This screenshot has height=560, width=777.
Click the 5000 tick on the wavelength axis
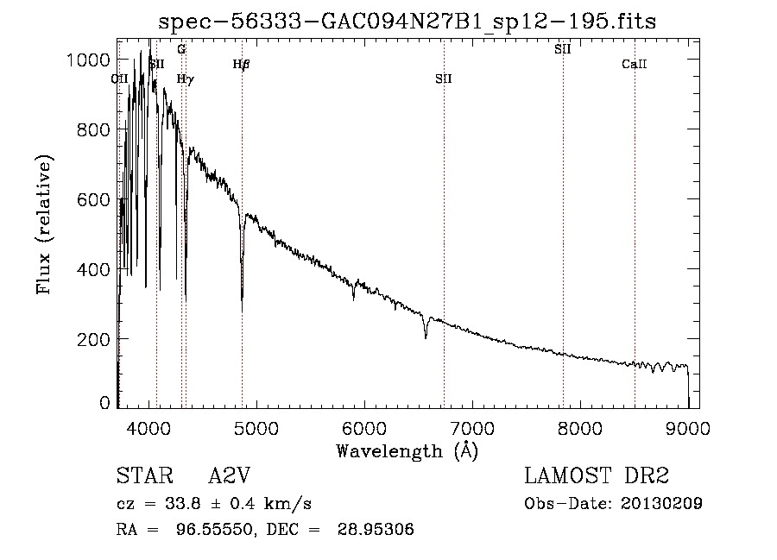point(256,427)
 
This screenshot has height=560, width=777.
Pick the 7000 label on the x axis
point(472,427)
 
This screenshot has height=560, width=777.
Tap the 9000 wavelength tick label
point(688,427)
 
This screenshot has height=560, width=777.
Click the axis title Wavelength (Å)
point(407,450)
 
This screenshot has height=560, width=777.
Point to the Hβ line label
point(242,64)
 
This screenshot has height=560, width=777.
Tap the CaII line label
point(635,64)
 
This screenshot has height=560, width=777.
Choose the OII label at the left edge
point(120,79)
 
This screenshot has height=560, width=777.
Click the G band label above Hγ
point(181,49)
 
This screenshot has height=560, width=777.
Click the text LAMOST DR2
point(597,476)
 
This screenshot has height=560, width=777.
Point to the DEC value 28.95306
point(379,530)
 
